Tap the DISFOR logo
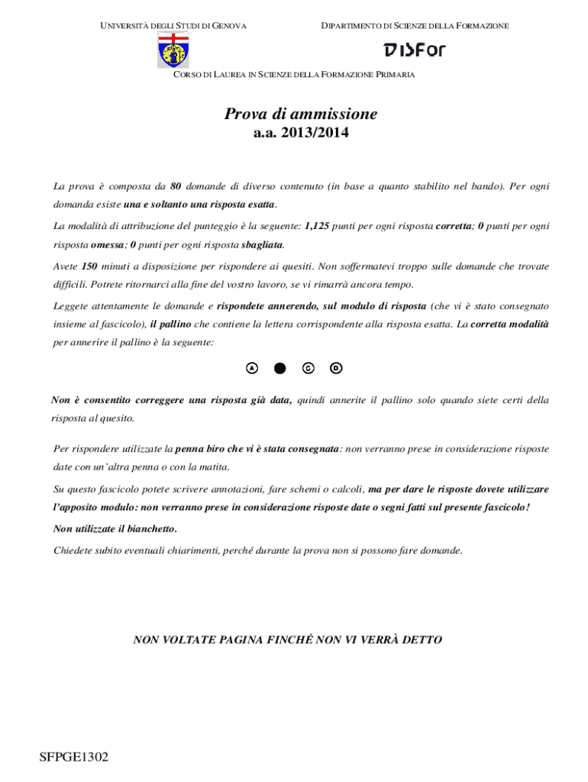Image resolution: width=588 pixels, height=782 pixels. pyautogui.click(x=414, y=50)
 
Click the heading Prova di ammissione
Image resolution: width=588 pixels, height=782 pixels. pyautogui.click(x=300, y=115)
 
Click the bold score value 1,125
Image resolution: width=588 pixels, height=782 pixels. pyautogui.click(x=317, y=227)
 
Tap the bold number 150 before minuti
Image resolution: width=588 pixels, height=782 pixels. pyautogui.click(x=89, y=267)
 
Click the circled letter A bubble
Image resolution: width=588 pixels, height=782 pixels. pyautogui.click(x=252, y=368)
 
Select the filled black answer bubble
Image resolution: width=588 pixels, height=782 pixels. pyautogui.click(x=279, y=368)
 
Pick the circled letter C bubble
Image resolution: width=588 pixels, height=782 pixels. pyautogui.click(x=308, y=368)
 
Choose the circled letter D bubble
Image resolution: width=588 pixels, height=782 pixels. pyautogui.click(x=336, y=368)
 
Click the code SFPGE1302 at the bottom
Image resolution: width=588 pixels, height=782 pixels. pyautogui.click(x=74, y=758)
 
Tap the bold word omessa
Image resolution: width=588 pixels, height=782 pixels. pyautogui.click(x=107, y=245)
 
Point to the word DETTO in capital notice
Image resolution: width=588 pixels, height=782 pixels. pyautogui.click(x=422, y=640)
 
